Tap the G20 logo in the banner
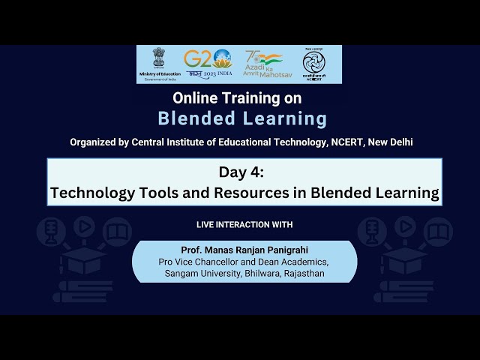[208, 63]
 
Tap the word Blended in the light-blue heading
[196, 118]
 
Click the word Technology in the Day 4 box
[92, 192]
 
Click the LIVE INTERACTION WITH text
[244, 224]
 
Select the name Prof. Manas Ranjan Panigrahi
[244, 248]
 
